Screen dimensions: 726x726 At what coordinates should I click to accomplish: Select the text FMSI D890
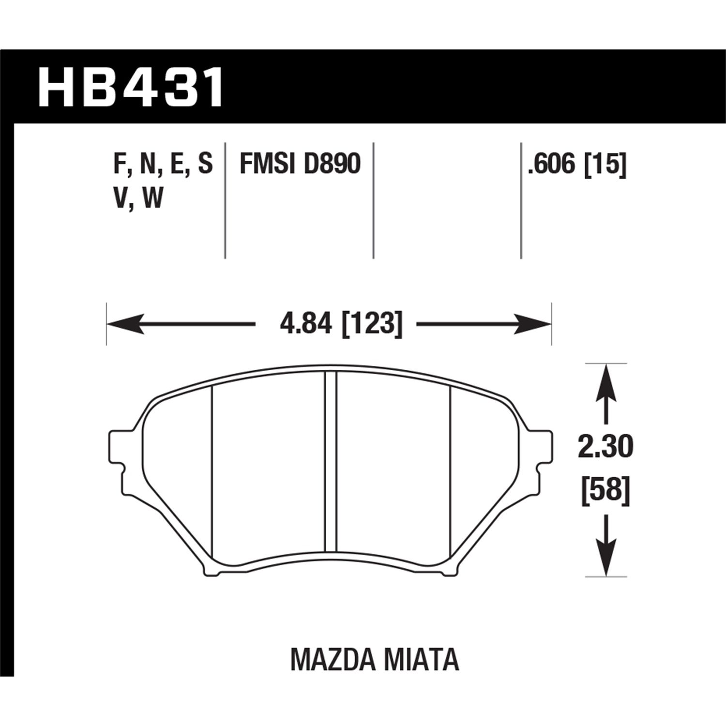(x=300, y=164)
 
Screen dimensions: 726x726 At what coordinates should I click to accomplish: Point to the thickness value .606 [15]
(x=577, y=164)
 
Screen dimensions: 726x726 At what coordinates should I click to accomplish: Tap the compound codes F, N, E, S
(x=163, y=164)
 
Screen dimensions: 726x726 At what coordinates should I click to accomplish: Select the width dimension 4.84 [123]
(x=341, y=323)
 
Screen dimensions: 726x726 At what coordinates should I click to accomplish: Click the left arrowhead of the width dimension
(x=126, y=323)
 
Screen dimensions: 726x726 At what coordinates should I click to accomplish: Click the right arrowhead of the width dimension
(x=532, y=323)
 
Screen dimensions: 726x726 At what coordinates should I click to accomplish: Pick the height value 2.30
(x=605, y=448)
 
